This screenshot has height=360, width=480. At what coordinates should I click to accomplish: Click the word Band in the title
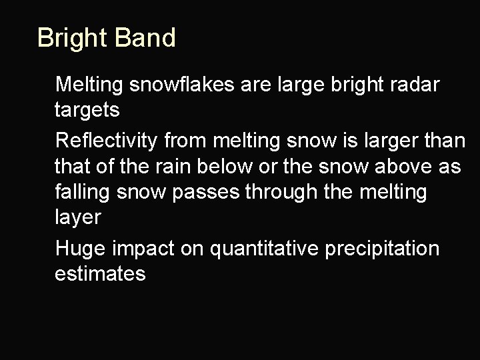[145, 38]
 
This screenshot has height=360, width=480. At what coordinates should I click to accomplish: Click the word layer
[76, 217]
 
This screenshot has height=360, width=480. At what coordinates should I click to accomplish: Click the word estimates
[100, 273]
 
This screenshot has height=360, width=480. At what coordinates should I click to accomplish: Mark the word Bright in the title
[73, 38]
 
